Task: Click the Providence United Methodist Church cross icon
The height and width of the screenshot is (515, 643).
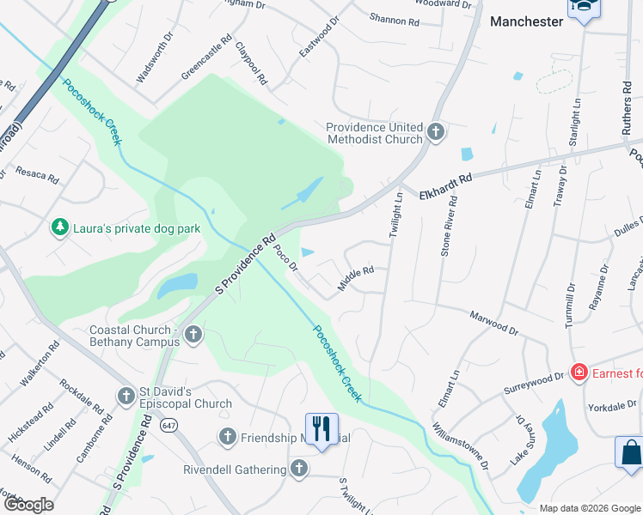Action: pos(436,132)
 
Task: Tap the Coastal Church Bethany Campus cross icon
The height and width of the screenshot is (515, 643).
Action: pos(193,334)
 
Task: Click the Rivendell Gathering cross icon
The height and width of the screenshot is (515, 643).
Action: pos(298,469)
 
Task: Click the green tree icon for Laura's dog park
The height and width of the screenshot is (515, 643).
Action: pos(60,227)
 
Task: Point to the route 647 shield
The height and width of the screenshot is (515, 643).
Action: pos(168,424)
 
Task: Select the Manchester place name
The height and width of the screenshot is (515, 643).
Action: pos(526,21)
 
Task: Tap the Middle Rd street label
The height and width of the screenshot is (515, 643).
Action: pos(356,277)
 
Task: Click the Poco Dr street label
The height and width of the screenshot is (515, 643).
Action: pos(286,258)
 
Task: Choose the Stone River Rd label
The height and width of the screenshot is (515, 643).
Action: pos(448,227)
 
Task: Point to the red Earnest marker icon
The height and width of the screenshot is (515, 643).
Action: pos(579,372)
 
